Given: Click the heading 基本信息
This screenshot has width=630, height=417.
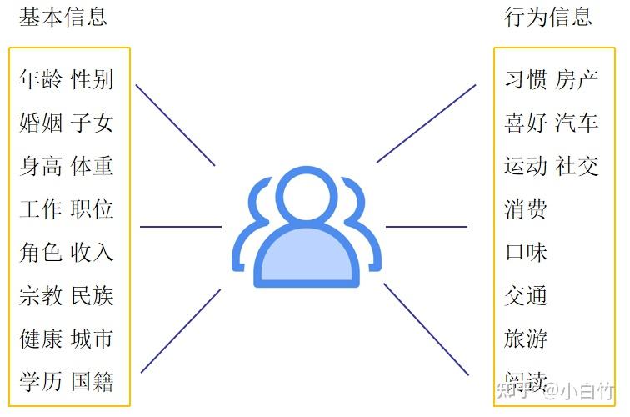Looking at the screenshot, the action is pos(63,17).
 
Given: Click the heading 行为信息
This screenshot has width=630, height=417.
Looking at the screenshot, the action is pos(548,17).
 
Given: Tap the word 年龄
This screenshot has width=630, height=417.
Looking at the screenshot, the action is pos(41,80).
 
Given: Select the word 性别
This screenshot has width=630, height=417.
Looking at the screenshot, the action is pos(92,80).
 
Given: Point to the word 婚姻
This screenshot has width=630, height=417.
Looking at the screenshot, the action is pos(41,123).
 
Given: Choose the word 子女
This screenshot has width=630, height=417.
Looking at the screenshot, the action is pos(92,123).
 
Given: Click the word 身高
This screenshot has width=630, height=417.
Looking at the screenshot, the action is pos(41,166).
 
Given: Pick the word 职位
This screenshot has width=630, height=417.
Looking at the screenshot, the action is pos(92,209).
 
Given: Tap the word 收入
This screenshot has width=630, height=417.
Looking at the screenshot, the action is pos(92,253).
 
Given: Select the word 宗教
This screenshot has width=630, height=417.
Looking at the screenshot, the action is pos(41,295).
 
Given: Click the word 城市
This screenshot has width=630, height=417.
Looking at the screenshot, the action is pos(92,339).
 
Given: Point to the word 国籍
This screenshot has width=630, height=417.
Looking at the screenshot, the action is pos(92,382).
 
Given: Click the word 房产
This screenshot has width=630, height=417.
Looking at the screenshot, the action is pos(577,80).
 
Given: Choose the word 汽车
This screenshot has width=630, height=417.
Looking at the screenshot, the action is pos(577,123).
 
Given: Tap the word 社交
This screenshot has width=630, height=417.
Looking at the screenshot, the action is pos(577,166).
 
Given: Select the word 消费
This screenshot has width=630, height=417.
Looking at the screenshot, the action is pos(526,209).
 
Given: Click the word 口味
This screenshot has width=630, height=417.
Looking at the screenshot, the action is pos(526,253).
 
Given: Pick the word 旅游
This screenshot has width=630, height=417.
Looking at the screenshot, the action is pos(526,339).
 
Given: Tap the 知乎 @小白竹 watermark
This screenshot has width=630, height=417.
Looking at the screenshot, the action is pos(554,389).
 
